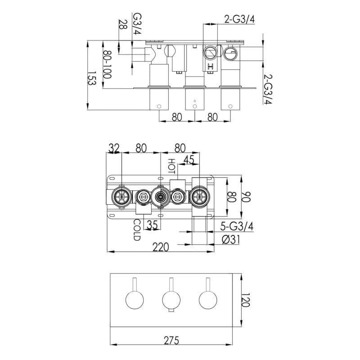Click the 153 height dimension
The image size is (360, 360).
tap(91, 81)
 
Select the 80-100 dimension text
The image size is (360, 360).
tap(107, 64)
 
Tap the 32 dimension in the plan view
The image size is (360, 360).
tap(114, 148)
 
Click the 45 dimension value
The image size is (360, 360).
tap(189, 159)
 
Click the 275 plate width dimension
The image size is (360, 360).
tap(171, 341)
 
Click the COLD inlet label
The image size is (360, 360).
tap(137, 229)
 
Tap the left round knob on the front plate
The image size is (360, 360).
tap(135, 299)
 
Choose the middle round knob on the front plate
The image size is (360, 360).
tap(171, 299)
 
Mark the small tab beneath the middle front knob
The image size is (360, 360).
tap(171, 310)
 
